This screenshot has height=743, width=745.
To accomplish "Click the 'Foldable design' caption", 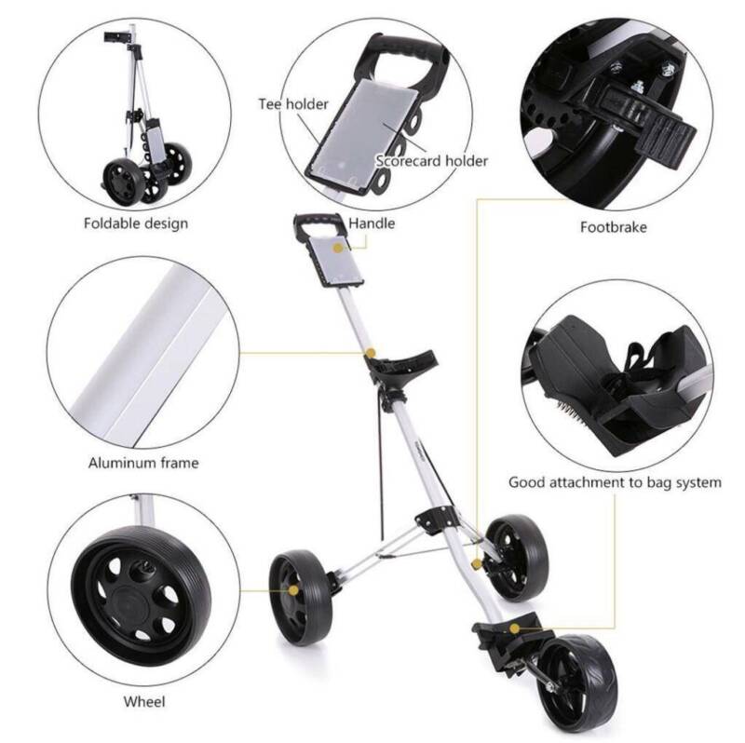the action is (x=136, y=223).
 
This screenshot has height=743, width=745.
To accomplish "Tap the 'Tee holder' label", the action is (x=293, y=104).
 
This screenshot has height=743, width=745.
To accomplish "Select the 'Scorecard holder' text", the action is (x=431, y=161).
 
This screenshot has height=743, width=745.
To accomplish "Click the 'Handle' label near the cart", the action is (x=372, y=223).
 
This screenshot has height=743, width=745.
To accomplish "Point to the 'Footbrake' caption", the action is (x=614, y=227).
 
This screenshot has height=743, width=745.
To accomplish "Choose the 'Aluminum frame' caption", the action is (x=143, y=463).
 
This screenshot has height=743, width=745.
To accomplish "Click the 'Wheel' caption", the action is (x=144, y=701).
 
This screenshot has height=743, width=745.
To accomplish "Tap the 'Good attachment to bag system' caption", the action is (x=615, y=482).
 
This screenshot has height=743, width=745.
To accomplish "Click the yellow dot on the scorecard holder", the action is (x=338, y=248).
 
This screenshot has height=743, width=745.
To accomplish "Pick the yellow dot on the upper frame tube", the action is (x=370, y=353).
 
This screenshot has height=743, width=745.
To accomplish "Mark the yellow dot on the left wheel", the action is (x=293, y=590).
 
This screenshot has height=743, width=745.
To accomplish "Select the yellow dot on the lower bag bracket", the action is (x=514, y=628).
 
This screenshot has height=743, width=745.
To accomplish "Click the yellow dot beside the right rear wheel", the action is (x=476, y=564).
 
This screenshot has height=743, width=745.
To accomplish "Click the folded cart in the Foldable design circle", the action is (x=145, y=119).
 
